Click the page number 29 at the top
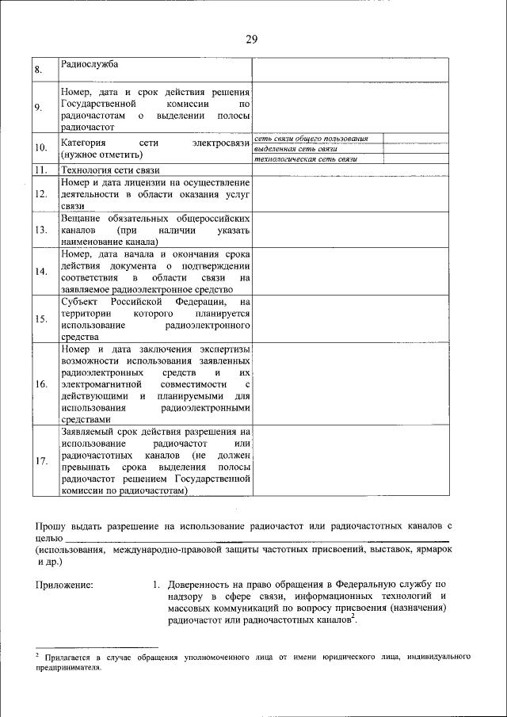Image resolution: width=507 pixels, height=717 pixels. (x=252, y=40)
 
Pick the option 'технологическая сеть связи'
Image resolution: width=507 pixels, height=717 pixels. (x=305, y=159)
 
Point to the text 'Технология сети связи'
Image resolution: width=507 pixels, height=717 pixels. (x=110, y=170)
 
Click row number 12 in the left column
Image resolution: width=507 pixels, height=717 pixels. (x=40, y=193)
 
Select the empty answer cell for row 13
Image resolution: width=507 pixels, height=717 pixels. (x=349, y=229)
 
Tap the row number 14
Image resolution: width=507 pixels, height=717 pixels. (x=40, y=272)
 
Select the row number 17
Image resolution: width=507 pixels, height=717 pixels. (x=40, y=461)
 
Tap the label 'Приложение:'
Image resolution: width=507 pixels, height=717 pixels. (x=64, y=585)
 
